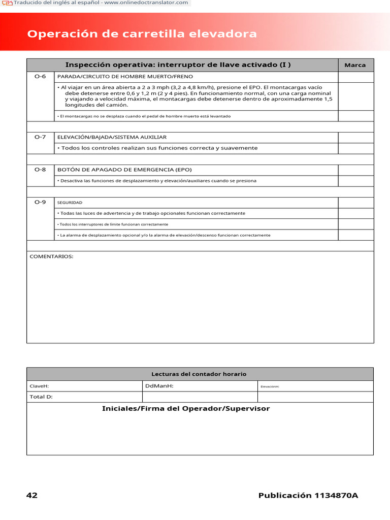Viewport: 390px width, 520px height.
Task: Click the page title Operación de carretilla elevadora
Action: [142, 34]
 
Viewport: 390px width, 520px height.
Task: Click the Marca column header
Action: [355, 65]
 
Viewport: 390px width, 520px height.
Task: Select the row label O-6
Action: [40, 76]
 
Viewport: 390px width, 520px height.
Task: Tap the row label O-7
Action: [40, 137]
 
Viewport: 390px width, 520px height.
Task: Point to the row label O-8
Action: [40, 170]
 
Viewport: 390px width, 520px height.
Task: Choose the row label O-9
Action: [40, 202]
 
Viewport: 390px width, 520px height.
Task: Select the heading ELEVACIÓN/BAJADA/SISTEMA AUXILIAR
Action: [112, 138]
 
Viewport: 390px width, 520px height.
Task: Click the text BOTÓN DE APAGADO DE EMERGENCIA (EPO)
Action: [124, 170]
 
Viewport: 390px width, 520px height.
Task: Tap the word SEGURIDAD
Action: [70, 203]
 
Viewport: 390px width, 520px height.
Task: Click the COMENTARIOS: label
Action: [51, 256]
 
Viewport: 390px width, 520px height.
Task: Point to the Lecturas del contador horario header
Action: [199, 374]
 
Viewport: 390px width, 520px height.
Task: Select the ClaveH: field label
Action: [39, 386]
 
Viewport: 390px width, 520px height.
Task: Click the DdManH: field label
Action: [159, 386]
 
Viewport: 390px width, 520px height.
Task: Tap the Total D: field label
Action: [41, 397]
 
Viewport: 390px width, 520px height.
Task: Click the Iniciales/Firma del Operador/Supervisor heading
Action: [186, 409]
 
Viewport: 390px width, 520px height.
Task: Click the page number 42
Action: [32, 496]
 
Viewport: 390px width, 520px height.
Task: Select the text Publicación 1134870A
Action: [308, 496]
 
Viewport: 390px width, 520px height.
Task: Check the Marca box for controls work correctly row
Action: [355, 148]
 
